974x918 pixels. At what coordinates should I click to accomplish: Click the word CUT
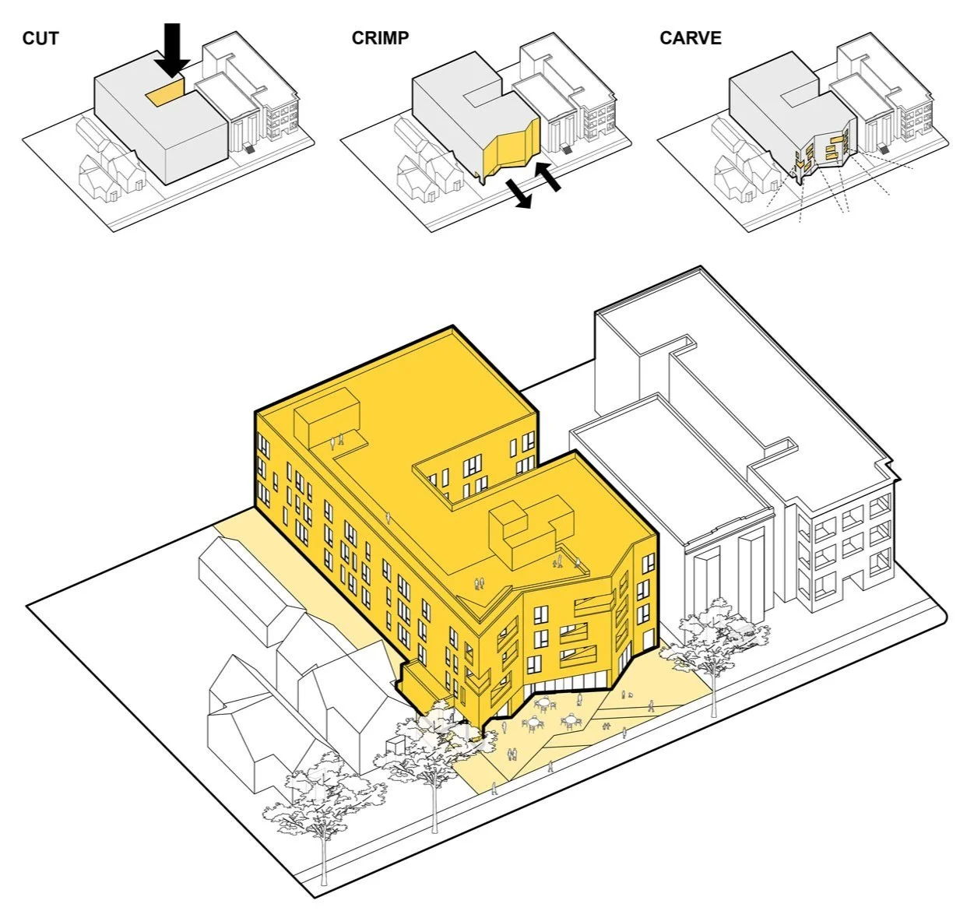(x=40, y=37)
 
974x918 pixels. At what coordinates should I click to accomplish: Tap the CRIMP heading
(x=380, y=37)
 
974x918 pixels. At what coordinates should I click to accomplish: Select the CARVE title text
(x=690, y=37)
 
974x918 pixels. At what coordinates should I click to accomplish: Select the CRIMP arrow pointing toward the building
(x=548, y=175)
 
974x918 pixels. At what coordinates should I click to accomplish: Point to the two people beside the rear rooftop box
(x=336, y=441)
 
